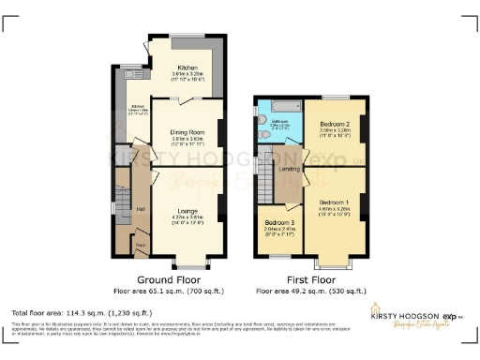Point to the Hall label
pos(141,208)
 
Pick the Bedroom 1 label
pos(334,202)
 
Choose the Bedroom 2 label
pos(334,125)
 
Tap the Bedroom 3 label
pos(277,222)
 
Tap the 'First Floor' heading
pos(311,280)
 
